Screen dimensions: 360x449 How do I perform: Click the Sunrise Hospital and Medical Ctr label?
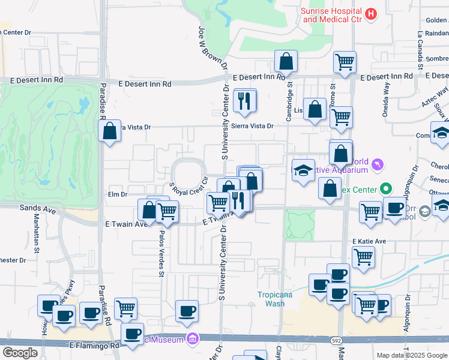[x=332, y=16]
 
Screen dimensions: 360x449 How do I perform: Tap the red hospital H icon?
[x=371, y=13]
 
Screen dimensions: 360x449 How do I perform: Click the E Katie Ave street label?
[x=369, y=241]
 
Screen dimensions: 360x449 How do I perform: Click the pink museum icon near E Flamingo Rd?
[x=192, y=340]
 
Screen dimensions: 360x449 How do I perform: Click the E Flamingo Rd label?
[x=94, y=346]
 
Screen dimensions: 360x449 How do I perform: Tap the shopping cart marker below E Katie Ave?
[x=363, y=257]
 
